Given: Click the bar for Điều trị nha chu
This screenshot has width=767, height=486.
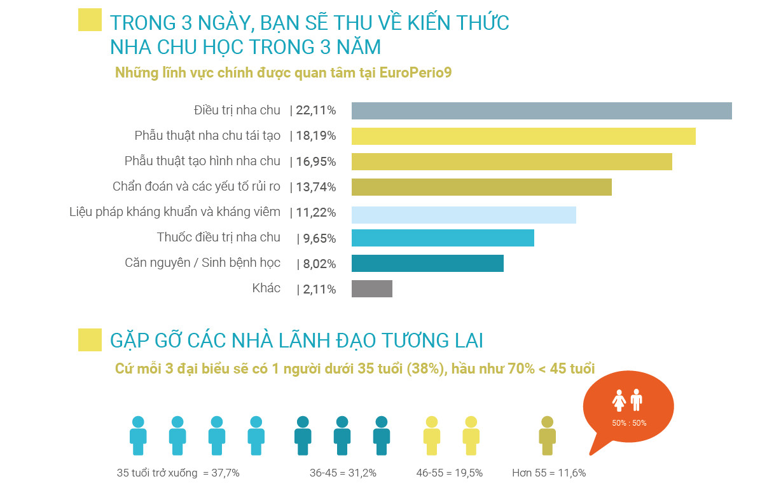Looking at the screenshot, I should pos(541,111).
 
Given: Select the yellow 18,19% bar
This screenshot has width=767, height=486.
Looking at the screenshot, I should pos(523,136).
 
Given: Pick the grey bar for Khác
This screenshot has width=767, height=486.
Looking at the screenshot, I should pos(372,289).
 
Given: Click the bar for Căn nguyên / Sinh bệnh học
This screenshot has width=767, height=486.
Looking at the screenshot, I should pos(427,263).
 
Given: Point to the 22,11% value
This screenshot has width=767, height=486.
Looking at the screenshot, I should pos(315,111).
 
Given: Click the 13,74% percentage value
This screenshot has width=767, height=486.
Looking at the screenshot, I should pos(315,187).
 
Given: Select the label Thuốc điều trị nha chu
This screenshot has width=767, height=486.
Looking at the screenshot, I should pos(218,238).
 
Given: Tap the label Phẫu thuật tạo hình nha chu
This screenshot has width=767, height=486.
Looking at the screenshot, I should pos(202,161).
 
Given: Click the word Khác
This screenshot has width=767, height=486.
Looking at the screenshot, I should pos(266,288).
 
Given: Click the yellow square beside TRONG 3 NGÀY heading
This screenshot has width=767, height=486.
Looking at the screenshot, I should pos(90,20).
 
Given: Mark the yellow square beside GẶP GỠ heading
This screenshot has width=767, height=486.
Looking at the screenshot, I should pos(90,340).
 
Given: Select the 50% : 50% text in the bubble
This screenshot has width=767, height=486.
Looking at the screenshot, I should pos(629,423).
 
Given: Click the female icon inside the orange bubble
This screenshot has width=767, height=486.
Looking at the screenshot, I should pos(619,401).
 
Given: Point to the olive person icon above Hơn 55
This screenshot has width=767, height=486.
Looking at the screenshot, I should pos(547,435).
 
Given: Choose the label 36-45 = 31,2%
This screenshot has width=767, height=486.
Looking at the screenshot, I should pos(343,473).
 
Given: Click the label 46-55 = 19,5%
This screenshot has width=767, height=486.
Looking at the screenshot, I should pos(449,473).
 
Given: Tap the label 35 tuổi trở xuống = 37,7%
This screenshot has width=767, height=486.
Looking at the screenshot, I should pos(178,473).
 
